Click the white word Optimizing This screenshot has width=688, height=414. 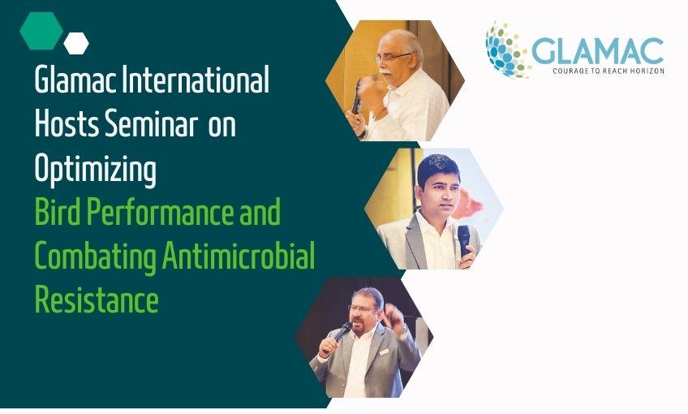[95, 170]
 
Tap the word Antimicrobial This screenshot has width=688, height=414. [239, 257]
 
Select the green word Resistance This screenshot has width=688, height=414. [96, 300]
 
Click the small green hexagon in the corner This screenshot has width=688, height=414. [41, 31]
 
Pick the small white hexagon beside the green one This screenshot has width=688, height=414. [76, 42]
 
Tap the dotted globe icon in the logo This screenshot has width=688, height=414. [507, 49]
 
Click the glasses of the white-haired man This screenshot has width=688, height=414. [393, 57]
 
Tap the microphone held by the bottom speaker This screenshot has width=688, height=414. [342, 334]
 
